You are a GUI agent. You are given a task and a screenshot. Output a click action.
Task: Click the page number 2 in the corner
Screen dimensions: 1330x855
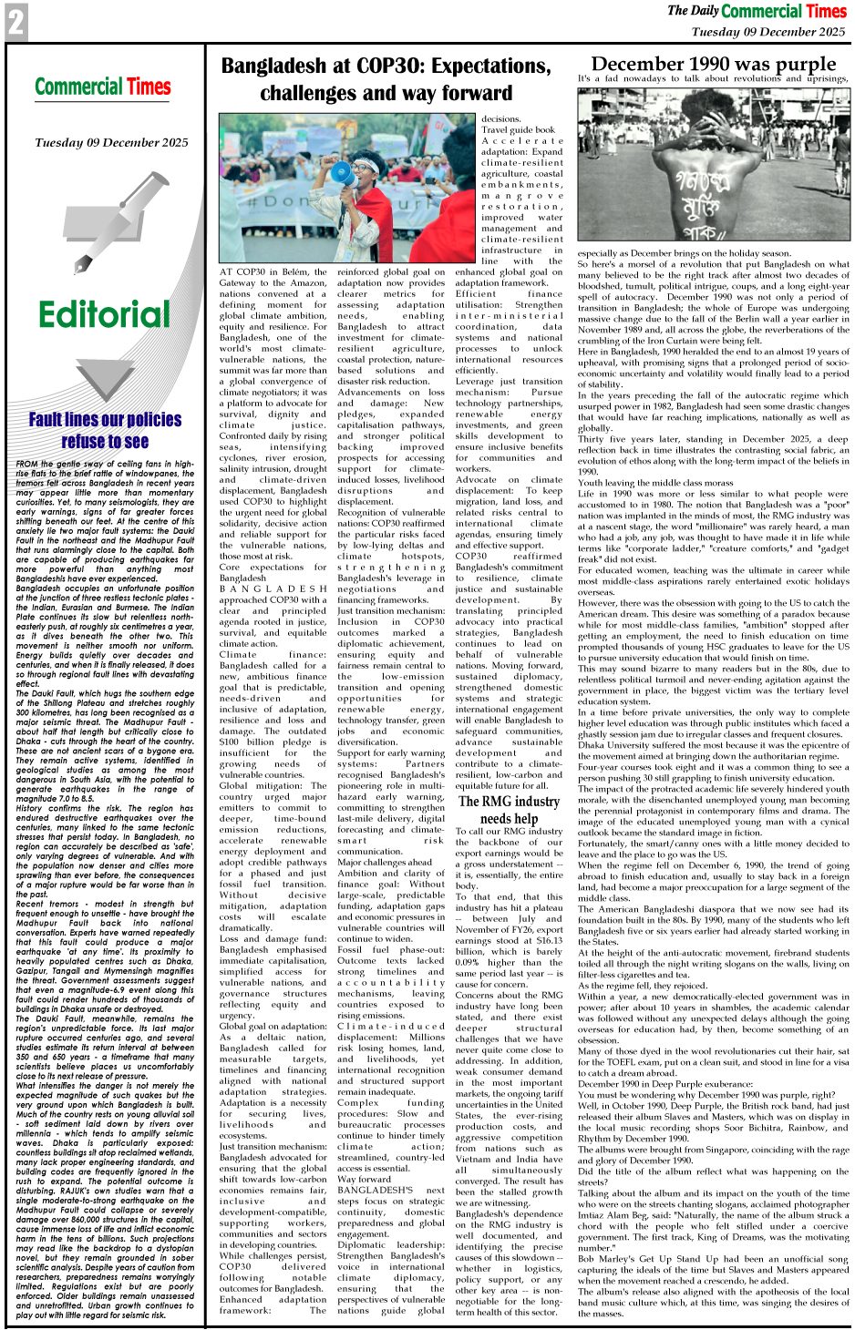[15, 21]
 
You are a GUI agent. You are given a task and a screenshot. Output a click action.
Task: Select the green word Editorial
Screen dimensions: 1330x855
[104, 315]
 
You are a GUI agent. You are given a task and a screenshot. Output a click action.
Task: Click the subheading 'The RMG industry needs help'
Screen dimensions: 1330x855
[509, 810]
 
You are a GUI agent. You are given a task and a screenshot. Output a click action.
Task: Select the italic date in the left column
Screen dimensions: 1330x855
[111, 143]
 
